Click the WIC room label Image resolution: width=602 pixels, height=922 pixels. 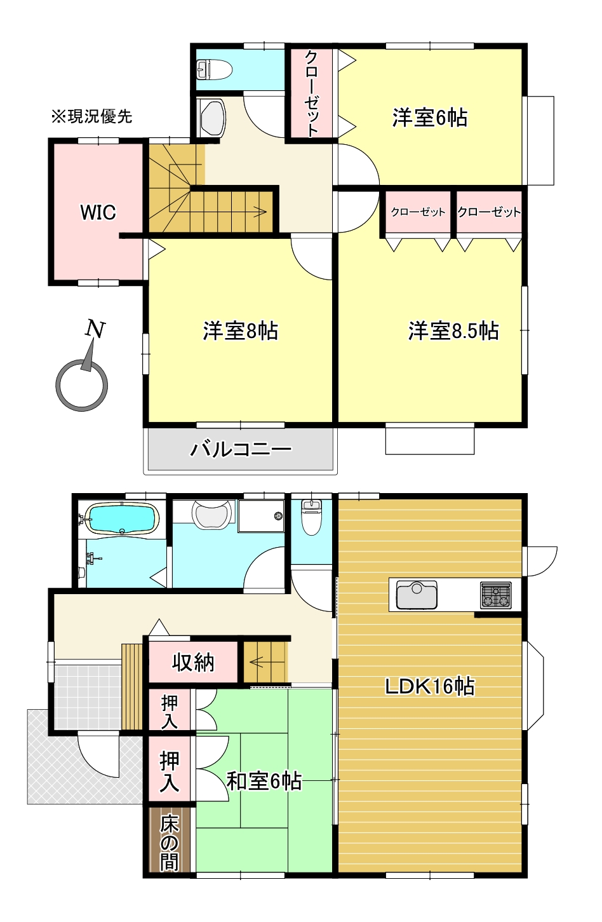(x=98, y=212)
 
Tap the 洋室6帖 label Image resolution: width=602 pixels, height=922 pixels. (x=430, y=118)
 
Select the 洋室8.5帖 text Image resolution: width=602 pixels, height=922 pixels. (x=453, y=331)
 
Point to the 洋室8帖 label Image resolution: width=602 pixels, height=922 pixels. (x=241, y=331)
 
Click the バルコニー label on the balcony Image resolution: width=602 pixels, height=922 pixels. (x=241, y=449)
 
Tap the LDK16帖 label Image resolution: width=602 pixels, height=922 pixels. (x=430, y=686)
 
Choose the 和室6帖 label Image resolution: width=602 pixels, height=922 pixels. (x=264, y=781)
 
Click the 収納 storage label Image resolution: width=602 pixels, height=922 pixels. (x=194, y=663)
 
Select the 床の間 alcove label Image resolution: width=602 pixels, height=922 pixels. (x=170, y=843)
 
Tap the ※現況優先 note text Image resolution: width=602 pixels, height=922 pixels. (x=91, y=116)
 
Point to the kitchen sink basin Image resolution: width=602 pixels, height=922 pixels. (x=417, y=595)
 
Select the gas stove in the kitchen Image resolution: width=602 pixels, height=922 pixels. (x=496, y=595)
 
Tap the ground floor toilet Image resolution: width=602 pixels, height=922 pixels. (x=311, y=519)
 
